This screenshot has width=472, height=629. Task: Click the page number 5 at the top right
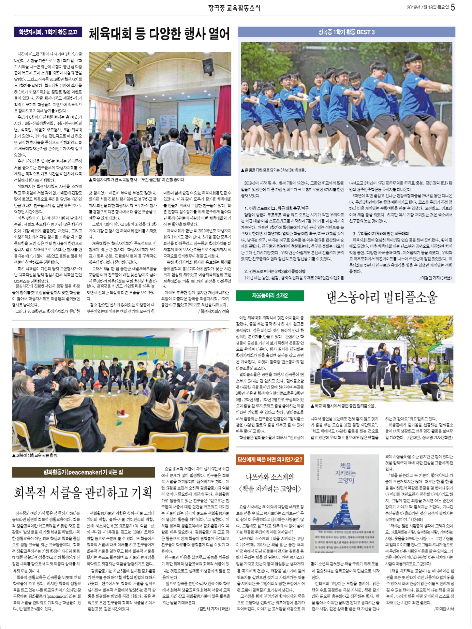[x=453, y=7]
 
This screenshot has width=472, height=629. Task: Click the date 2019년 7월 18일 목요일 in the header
[x=427, y=8]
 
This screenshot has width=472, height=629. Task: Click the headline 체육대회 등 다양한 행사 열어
[x=159, y=34]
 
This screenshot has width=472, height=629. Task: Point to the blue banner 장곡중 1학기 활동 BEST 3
[x=346, y=32]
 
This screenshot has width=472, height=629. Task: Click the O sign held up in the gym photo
[x=150, y=121]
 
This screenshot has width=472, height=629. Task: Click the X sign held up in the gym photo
[x=197, y=121]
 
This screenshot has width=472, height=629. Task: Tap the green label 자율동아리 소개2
[x=270, y=295]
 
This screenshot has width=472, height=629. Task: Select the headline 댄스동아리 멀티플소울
[x=382, y=297]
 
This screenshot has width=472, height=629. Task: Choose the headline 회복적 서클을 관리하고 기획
[x=83, y=492]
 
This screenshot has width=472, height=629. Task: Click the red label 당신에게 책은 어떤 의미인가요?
[x=270, y=459]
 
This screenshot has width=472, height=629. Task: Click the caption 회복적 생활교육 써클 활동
[x=35, y=455]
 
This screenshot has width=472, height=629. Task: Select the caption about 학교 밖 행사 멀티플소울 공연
[x=343, y=406]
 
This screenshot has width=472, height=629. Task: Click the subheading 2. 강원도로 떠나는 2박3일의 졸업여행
[x=275, y=271]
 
